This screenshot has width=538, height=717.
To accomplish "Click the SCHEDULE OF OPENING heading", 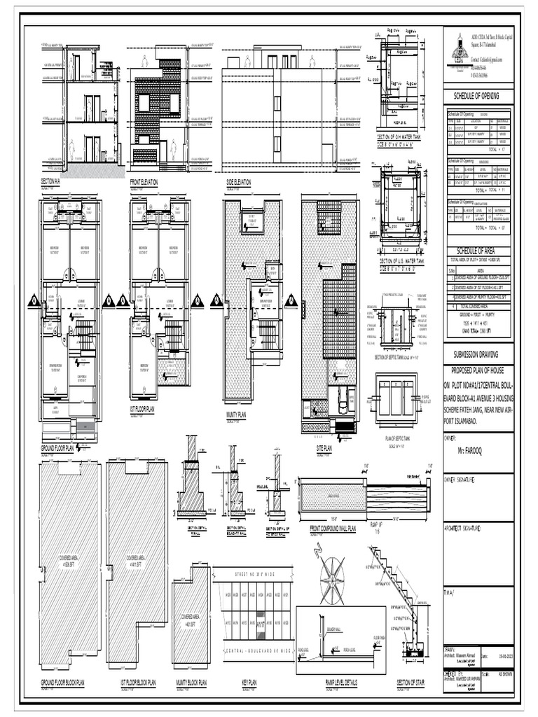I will (477, 96).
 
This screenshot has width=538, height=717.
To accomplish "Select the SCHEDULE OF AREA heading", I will (477, 251).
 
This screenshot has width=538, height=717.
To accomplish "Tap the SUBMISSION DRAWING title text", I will (477, 355).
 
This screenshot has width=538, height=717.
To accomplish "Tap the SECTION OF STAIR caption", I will (413, 681).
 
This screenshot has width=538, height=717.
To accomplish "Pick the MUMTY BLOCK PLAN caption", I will (191, 681).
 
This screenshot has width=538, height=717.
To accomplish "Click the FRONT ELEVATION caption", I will (144, 181).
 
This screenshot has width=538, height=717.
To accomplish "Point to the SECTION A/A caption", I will (51, 181).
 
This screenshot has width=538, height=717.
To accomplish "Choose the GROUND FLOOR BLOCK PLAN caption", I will (62, 681).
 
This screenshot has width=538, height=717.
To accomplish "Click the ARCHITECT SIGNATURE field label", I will (467, 528).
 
